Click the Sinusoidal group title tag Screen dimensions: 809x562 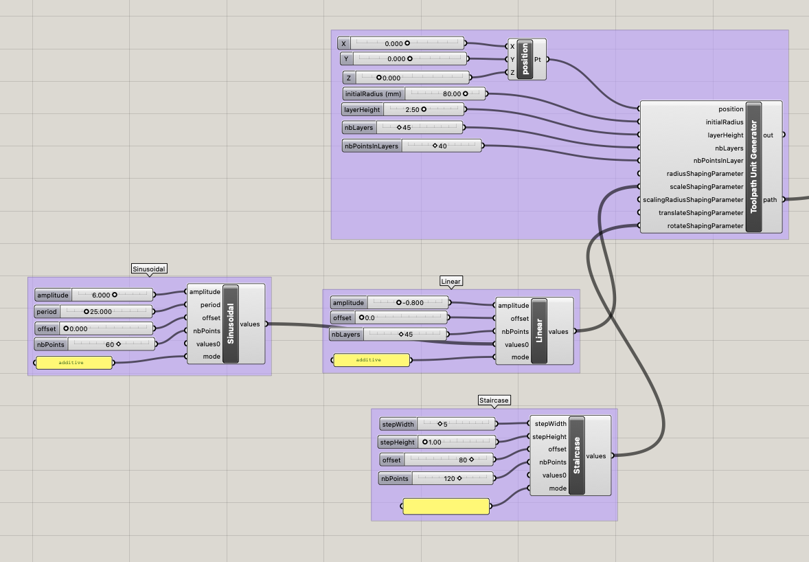point(149,269)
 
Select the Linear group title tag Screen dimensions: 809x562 point(451,281)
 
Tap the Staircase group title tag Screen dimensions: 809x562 point(494,401)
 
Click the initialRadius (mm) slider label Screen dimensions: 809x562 point(374,94)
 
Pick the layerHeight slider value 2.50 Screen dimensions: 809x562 point(412,109)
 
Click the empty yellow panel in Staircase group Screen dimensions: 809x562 point(446,506)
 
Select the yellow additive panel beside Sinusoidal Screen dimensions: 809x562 point(73,363)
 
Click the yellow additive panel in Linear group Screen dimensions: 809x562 point(372,360)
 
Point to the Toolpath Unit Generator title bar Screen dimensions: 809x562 point(754,167)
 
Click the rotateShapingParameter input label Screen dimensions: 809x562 point(705,226)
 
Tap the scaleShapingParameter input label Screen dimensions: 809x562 point(706,187)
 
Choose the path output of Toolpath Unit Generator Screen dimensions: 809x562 point(770,200)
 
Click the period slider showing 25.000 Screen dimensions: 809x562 point(94,312)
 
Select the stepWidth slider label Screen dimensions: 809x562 point(398,424)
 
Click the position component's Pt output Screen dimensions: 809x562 point(538,59)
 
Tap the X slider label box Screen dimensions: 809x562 point(343,43)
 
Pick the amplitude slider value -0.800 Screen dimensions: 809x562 point(413,303)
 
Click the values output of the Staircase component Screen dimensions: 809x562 point(596,456)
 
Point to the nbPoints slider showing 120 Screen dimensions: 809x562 point(436,478)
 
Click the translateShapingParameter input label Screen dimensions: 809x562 point(700,212)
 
